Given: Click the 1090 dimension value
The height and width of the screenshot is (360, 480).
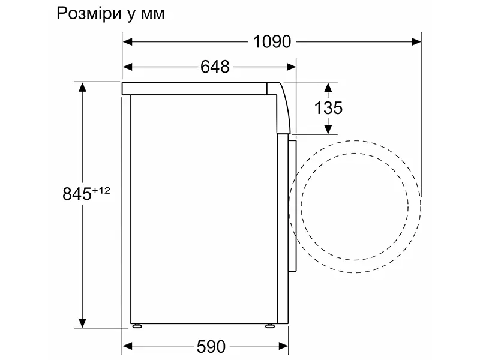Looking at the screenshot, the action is click(272, 41).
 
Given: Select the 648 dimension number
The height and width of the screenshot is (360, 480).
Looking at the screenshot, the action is click(215, 67).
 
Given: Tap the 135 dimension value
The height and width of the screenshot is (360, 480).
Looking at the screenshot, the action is click(328, 108).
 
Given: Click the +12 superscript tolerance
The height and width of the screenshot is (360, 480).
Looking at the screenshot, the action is click(101, 190).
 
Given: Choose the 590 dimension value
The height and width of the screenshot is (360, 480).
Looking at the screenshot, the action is click(211, 346).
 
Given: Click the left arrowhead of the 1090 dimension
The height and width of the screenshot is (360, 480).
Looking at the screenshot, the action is click(127, 41).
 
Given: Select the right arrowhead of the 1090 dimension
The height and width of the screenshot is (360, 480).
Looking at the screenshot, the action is click(416, 41).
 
